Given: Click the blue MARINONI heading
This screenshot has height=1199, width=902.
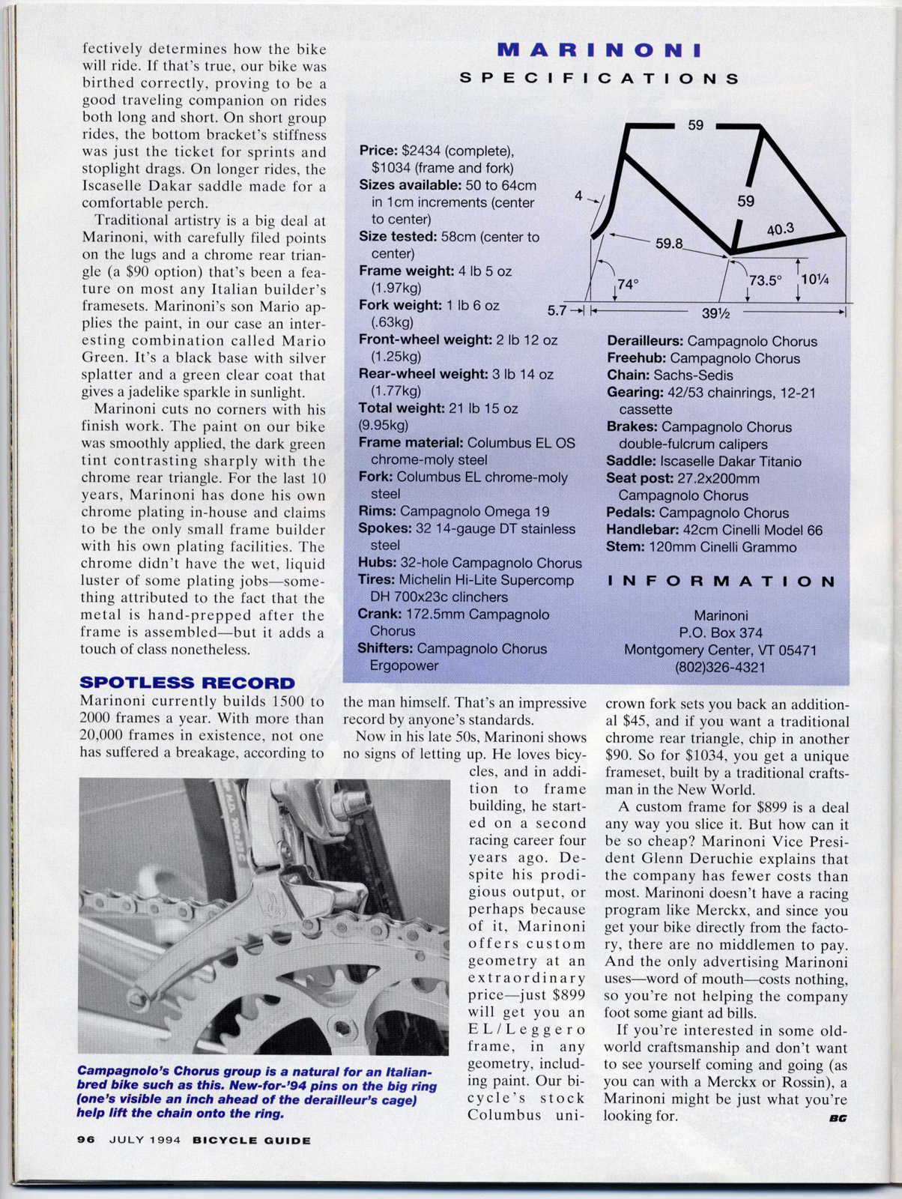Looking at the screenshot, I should pyautogui.click(x=599, y=50).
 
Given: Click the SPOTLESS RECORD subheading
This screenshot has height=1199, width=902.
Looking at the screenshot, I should pyautogui.click(x=187, y=683).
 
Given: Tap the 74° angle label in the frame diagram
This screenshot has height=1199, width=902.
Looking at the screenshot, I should pyautogui.click(x=628, y=285).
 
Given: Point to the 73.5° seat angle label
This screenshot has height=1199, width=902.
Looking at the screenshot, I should pyautogui.click(x=765, y=280).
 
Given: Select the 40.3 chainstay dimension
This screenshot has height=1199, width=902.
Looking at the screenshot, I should pyautogui.click(x=780, y=229).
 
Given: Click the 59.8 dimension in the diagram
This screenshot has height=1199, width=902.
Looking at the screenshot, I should pyautogui.click(x=669, y=244).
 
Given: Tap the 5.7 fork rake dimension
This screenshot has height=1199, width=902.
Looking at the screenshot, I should pyautogui.click(x=557, y=309).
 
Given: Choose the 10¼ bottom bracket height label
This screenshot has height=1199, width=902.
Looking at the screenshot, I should pyautogui.click(x=814, y=280).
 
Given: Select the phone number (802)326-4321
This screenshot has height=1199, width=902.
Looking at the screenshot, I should pyautogui.click(x=720, y=667).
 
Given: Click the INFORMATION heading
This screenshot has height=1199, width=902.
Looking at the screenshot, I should pyautogui.click(x=721, y=582).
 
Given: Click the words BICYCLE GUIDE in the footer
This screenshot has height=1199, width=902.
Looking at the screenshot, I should pyautogui.click(x=251, y=1141).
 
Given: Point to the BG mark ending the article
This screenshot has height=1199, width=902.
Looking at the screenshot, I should pyautogui.click(x=838, y=1119).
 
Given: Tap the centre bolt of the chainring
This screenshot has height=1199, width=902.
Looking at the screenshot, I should pyautogui.click(x=341, y=1026).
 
